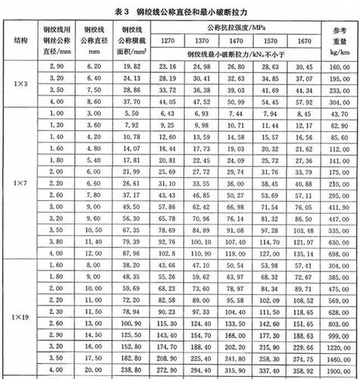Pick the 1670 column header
pos(304,40)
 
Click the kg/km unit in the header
pos(339,54)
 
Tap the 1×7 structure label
pos(18,184)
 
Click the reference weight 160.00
pos(339,66)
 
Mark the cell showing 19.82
pos(130,66)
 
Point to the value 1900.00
pos(339,370)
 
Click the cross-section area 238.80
pos(130,370)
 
